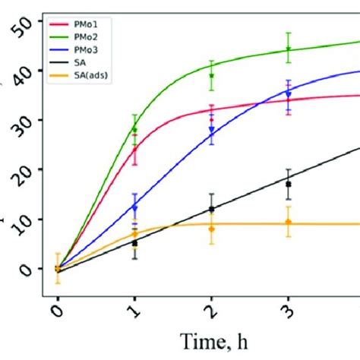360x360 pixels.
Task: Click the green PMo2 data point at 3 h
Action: (x=289, y=49)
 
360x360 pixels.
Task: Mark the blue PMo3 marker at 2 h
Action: (x=212, y=130)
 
